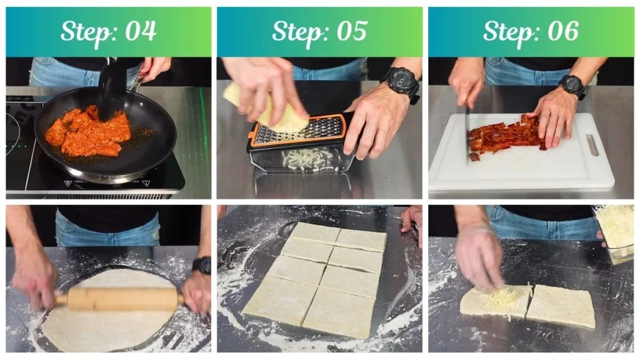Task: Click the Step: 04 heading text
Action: (108, 31)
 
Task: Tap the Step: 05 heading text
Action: (319, 31)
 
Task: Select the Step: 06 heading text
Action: (531, 31)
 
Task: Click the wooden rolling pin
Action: (119, 299)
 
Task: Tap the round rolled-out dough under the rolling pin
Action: (106, 328)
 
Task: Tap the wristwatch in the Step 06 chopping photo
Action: (572, 86)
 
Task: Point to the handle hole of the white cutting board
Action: (592, 145)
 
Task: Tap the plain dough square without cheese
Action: (561, 306)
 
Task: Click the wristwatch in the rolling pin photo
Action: (202, 265)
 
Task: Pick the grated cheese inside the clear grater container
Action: (306, 159)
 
